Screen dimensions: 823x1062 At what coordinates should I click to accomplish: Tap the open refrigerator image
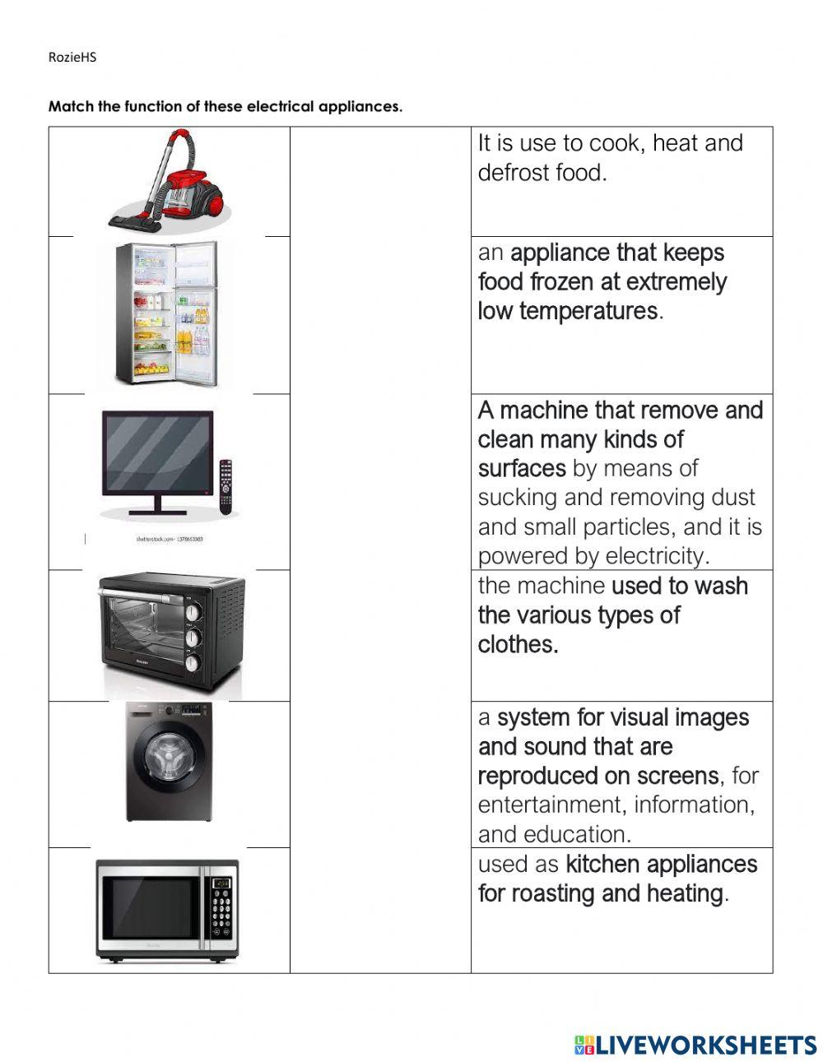tap(168, 313)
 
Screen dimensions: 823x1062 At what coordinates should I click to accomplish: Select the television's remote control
tap(225, 487)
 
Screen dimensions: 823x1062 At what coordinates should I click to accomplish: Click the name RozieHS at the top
tap(72, 58)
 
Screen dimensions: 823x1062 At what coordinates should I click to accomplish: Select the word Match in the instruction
tap(67, 107)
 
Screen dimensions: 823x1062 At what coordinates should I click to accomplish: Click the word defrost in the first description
tap(511, 173)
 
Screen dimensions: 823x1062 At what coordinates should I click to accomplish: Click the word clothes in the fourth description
tap(518, 644)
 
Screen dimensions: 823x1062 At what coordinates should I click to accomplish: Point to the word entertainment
tap(551, 805)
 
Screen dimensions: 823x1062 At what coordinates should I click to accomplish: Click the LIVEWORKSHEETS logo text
tap(706, 1045)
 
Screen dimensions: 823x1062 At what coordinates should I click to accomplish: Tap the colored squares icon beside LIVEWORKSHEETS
tap(584, 1045)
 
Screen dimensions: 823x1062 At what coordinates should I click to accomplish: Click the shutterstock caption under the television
tap(169, 540)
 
